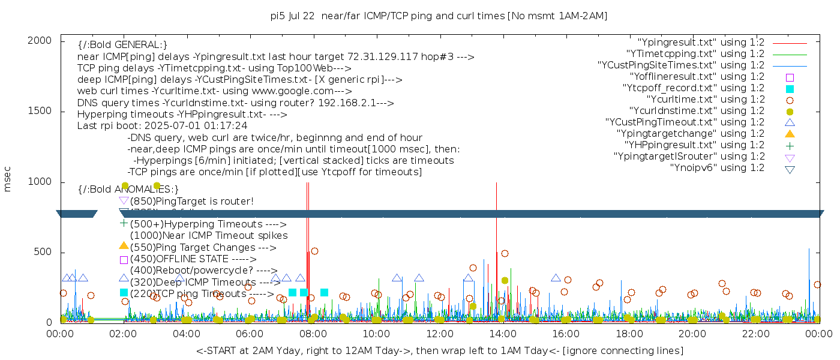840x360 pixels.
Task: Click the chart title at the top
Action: pos(439,16)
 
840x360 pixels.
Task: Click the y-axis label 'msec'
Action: pos(8,180)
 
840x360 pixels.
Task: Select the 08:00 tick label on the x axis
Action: pos(313,334)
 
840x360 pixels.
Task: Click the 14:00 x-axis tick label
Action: pos(502,334)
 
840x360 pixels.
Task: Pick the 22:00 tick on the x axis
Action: pos(755,334)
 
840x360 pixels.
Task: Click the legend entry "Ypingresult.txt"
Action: pos(701,43)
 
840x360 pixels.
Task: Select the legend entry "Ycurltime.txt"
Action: pos(706,99)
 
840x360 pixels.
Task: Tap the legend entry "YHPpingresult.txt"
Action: pos(694,145)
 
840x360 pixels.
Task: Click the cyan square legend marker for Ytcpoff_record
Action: pos(790,88)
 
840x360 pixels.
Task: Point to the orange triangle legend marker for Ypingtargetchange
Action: pos(790,133)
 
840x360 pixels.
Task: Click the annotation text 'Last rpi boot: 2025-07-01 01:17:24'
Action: pos(163,126)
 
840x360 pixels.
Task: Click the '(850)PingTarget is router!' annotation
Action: pos(191,201)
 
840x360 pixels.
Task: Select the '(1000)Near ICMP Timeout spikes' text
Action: pos(208,236)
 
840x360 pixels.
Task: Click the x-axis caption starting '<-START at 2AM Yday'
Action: pos(439,350)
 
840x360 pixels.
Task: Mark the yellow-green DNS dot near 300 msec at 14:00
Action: pos(505,280)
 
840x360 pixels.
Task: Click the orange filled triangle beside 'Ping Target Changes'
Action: pos(124,245)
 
